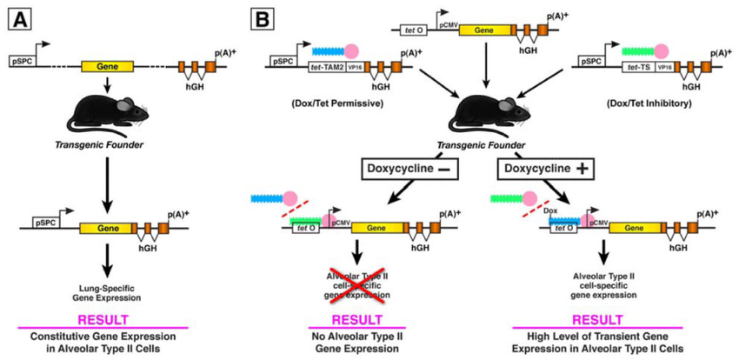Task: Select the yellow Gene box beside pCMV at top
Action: pyautogui.click(x=485, y=30)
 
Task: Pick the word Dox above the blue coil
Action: pyautogui.click(x=550, y=210)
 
